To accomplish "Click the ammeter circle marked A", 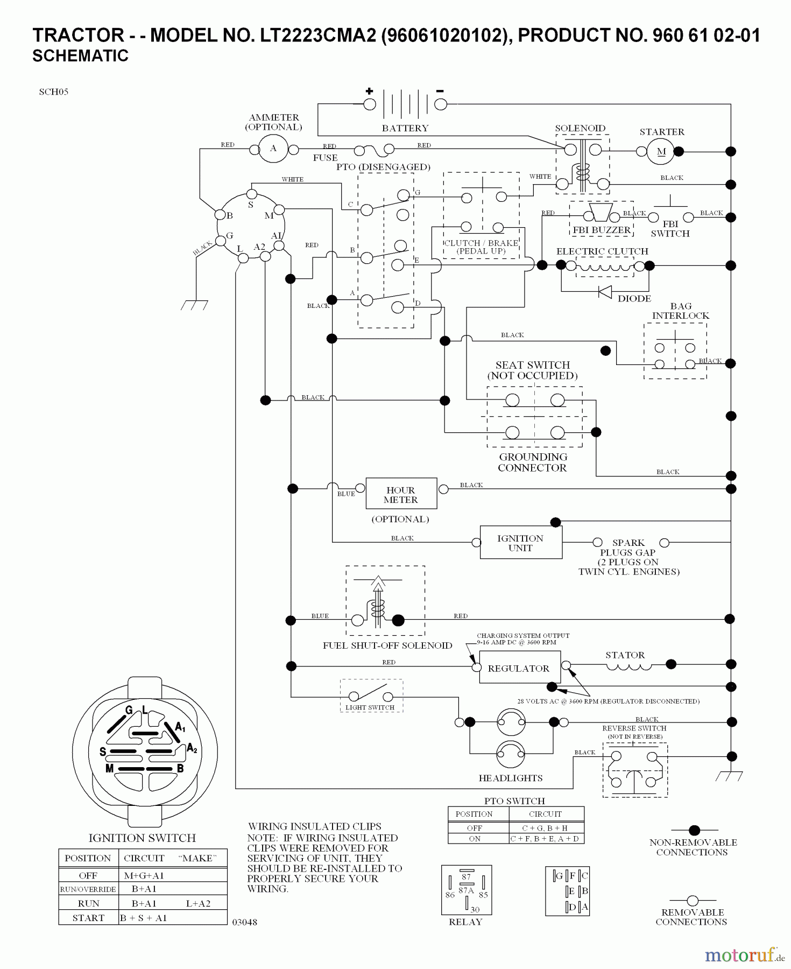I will [x=273, y=149].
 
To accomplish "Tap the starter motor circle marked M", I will [x=661, y=152].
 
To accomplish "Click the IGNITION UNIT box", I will [x=520, y=543].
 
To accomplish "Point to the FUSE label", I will [x=325, y=158].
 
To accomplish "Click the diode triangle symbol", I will [x=605, y=292].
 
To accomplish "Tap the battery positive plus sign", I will [x=369, y=91].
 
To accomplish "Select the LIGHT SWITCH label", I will [x=370, y=707].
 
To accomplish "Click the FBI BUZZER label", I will [x=602, y=230].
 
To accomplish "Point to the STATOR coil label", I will [x=625, y=655].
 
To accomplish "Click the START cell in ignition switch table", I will [x=88, y=918].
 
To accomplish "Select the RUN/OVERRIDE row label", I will [x=88, y=889].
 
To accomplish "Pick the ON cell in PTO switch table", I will [x=475, y=839].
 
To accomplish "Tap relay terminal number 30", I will [x=475, y=909].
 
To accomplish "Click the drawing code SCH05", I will [x=54, y=92].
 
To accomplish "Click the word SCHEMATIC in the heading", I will [x=81, y=56].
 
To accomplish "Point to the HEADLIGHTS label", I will [x=510, y=778].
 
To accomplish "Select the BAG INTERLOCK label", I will [x=681, y=311].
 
